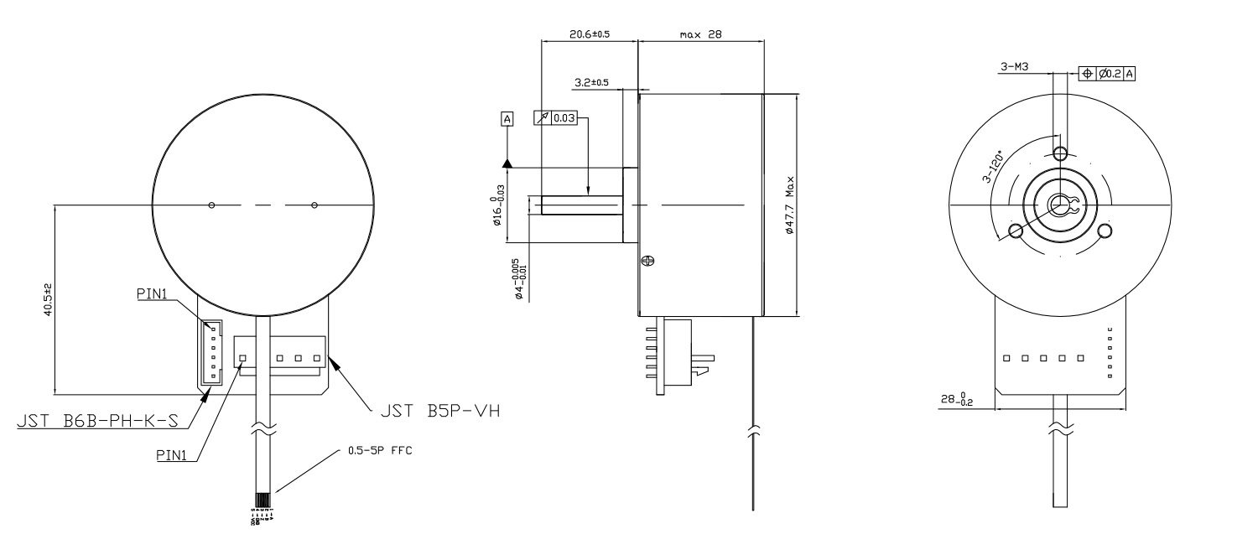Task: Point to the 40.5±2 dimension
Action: pos(48,299)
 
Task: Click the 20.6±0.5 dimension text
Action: pos(589,34)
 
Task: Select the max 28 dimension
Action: pos(701,34)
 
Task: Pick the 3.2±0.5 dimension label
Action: pos(591,82)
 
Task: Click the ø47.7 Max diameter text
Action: pos(789,205)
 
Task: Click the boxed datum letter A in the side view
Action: pos(507,119)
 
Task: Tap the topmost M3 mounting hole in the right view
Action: pos(1060,153)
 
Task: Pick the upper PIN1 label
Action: pos(153,294)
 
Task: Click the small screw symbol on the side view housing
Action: pos(647,262)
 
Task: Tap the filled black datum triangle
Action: pos(507,163)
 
